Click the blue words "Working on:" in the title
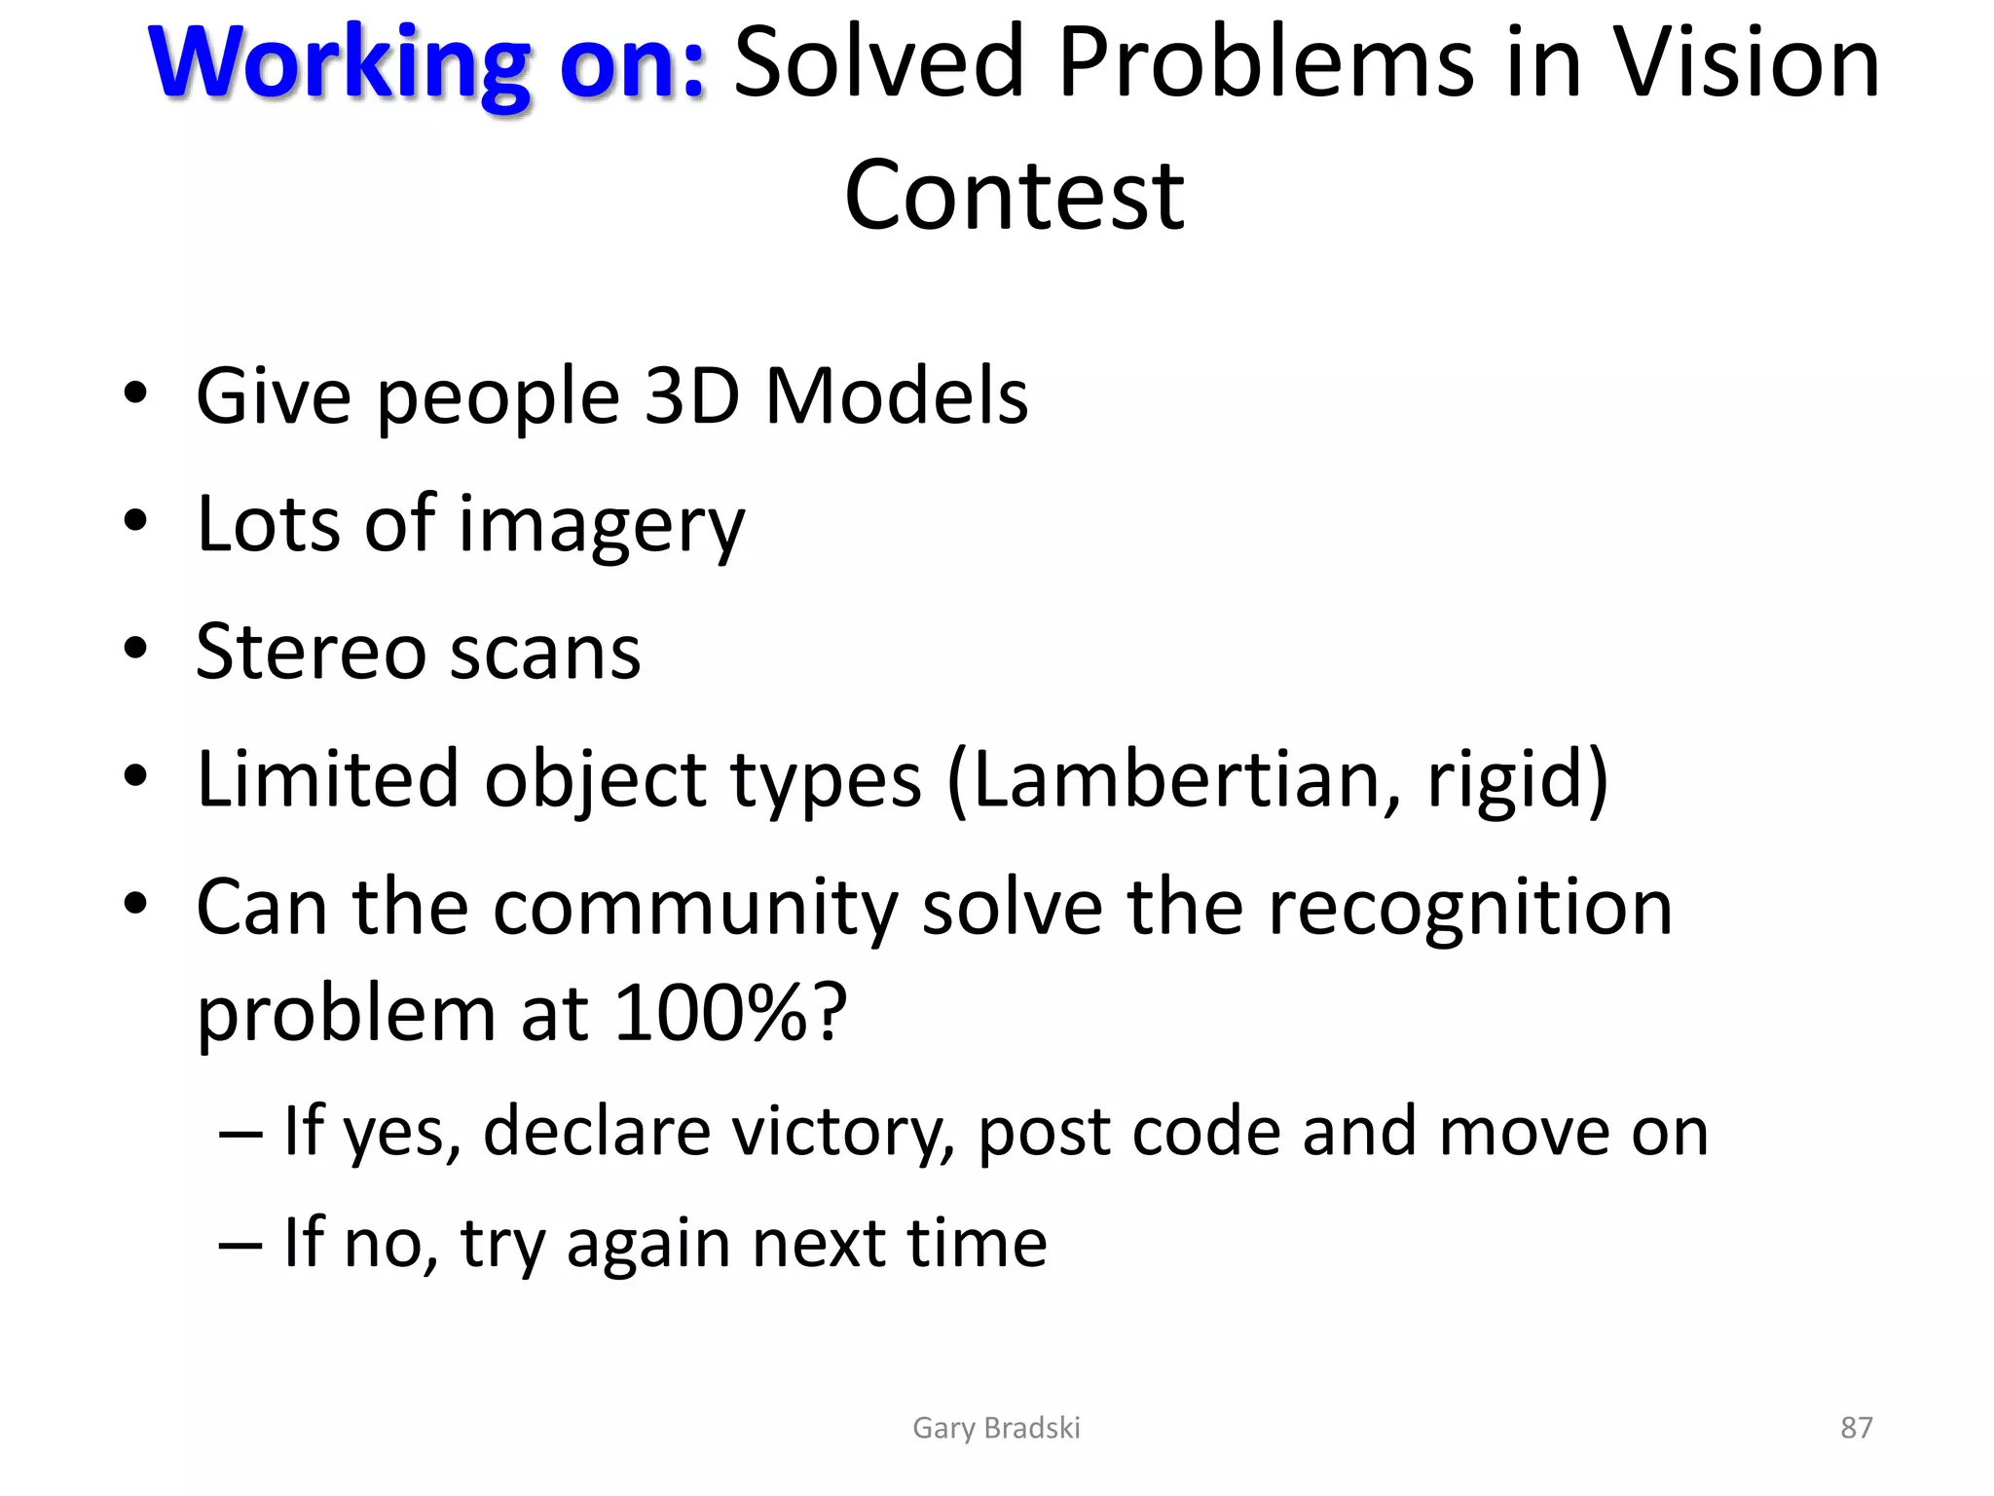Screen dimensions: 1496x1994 pos(426,62)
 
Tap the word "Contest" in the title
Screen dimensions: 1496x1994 pos(1015,196)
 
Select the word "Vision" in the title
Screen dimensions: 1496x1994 pos(1747,62)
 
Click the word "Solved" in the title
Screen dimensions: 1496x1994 pos(878,62)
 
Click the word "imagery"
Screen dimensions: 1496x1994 pos(601,526)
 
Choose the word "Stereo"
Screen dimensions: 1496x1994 pos(310,652)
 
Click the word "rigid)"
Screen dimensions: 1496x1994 pos(1517,779)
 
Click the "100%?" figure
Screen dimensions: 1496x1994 pos(730,1013)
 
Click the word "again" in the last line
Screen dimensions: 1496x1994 pos(647,1244)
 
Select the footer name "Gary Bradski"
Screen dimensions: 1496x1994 pos(996,1428)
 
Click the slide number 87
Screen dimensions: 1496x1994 pos(1856,1428)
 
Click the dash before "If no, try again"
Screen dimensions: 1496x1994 pos(240,1245)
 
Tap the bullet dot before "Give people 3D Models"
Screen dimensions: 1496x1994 pos(135,393)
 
